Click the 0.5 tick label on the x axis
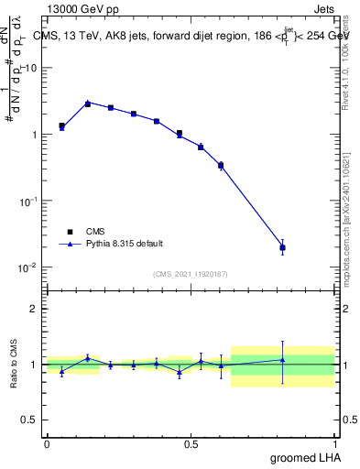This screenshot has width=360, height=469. (191, 444)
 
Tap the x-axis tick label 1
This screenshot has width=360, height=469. (335, 444)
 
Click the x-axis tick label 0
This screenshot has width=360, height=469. (47, 444)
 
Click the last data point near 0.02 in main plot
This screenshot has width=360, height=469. (283, 247)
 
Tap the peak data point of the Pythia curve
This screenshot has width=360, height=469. (88, 104)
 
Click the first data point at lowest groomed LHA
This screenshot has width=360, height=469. (61, 126)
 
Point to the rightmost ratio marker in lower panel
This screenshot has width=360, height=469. (283, 360)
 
